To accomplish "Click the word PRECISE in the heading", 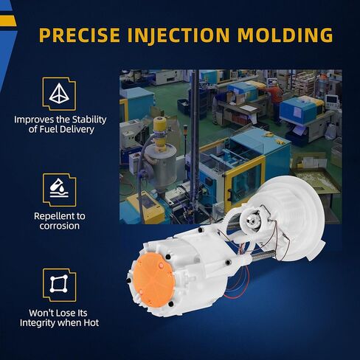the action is click(80, 35).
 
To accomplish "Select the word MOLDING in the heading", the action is click(285, 35).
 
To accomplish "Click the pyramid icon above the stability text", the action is click(59, 94).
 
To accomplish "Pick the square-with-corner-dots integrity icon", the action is click(59, 284).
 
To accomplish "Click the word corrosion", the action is click(60, 226).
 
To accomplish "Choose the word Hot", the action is click(91, 323).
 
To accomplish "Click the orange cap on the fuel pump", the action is click(153, 280).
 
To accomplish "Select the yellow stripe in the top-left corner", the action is click(8, 21).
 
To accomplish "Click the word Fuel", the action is click(46, 129).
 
